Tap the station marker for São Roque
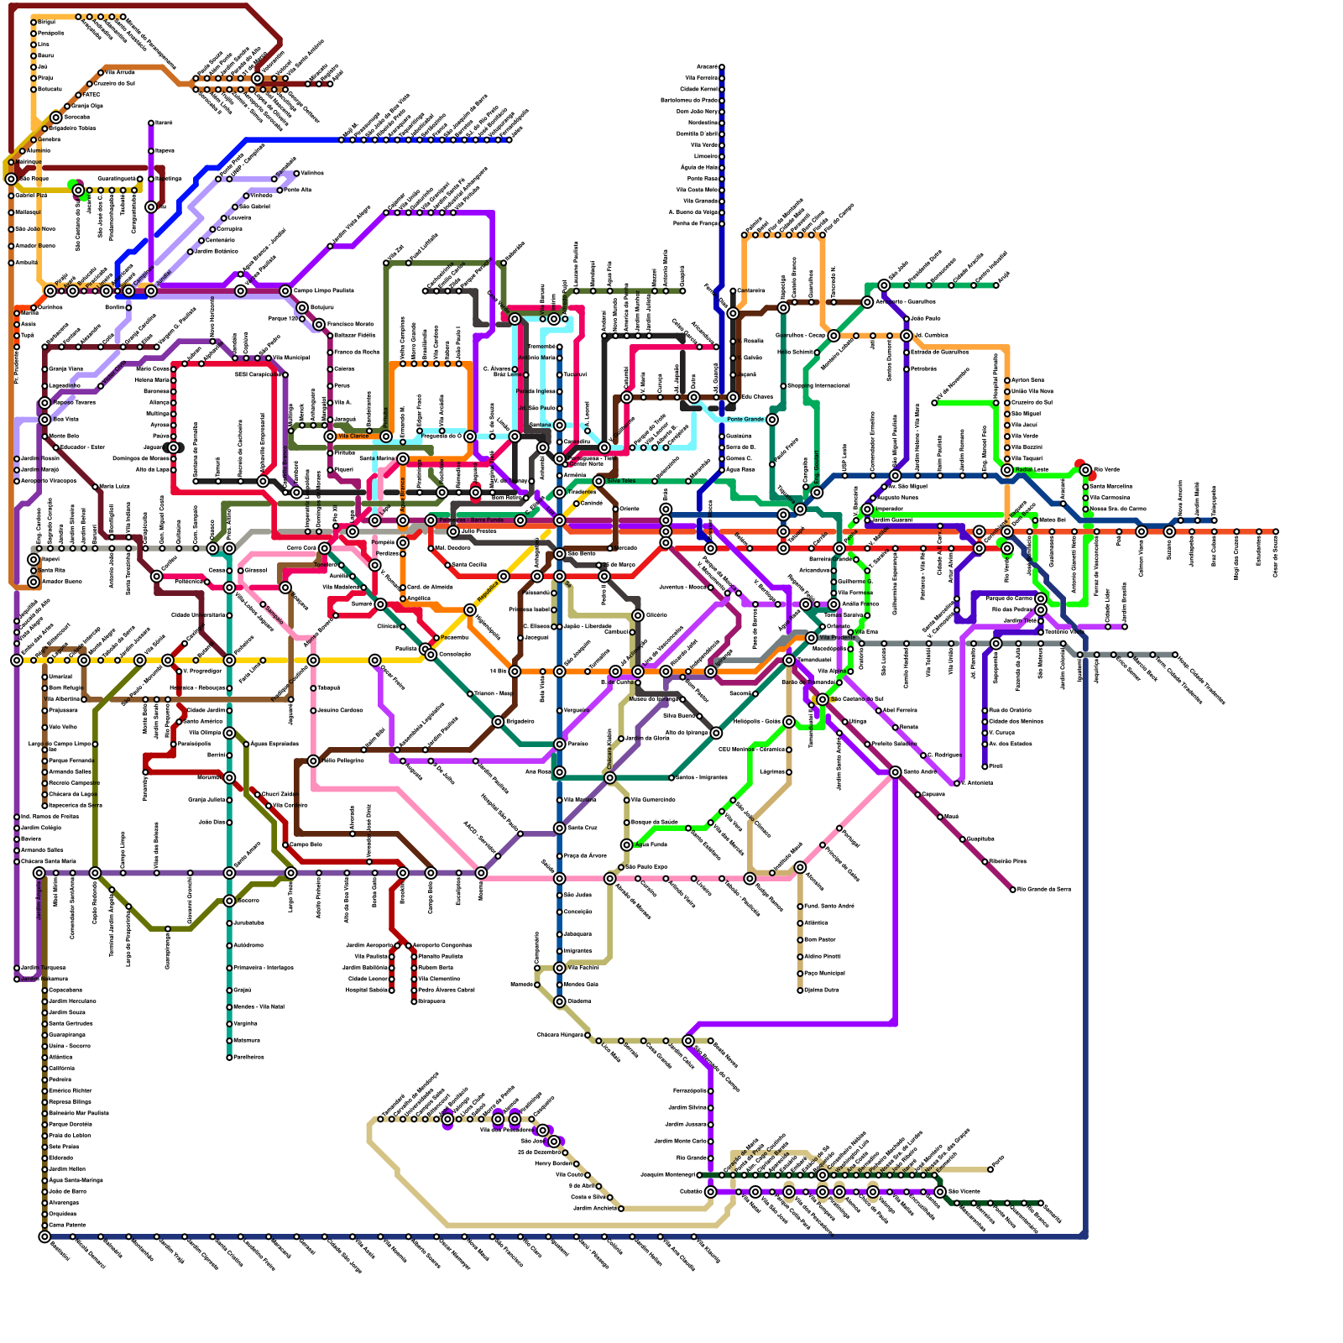(11, 179)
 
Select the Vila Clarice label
(353, 436)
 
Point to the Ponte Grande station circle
(772, 420)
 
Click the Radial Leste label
(1032, 470)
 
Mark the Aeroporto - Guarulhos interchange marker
(867, 302)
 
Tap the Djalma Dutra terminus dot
(800, 990)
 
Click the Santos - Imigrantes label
(702, 778)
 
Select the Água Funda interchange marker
(626, 845)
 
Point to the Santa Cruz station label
(583, 828)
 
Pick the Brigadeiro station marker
(498, 722)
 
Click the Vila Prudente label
(837, 638)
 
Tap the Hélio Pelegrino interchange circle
(313, 761)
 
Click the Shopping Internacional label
(818, 386)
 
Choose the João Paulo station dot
(907, 319)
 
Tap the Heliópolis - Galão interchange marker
(789, 722)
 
